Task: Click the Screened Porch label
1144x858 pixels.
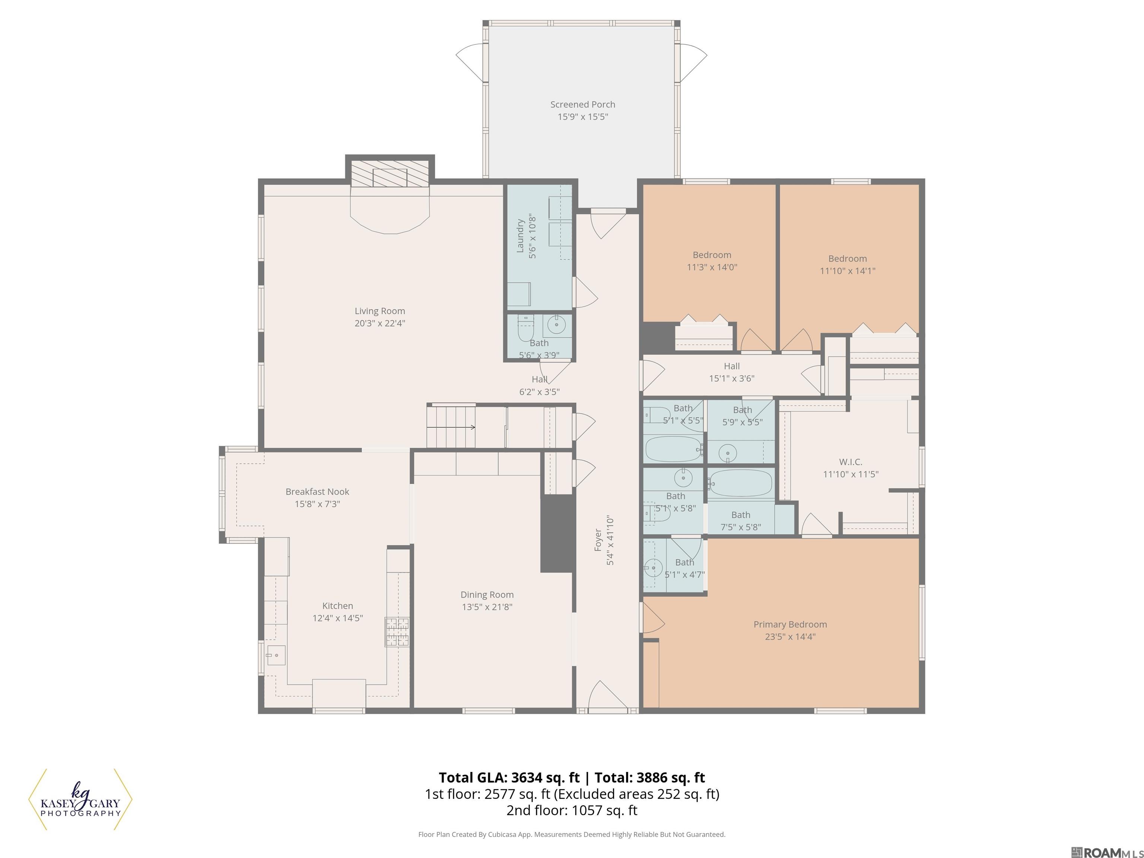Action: (582, 105)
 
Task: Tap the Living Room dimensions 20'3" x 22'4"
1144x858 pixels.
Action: (379, 324)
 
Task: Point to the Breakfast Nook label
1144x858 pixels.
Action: (318, 492)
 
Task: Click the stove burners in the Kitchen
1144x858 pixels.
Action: (397, 632)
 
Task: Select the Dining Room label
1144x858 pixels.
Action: (487, 595)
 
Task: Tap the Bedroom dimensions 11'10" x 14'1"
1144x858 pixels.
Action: (848, 270)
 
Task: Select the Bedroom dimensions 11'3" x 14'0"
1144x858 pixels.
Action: (712, 267)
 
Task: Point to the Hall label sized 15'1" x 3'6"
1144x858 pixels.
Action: (732, 366)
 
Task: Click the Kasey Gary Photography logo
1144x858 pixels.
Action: (80, 800)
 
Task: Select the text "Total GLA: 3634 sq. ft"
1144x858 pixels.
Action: (509, 778)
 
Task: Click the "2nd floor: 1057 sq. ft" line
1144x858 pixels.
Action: (572, 810)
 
